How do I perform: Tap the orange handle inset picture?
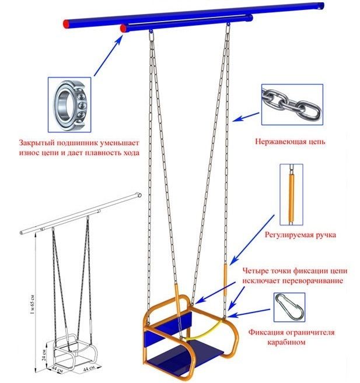(291, 195)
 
